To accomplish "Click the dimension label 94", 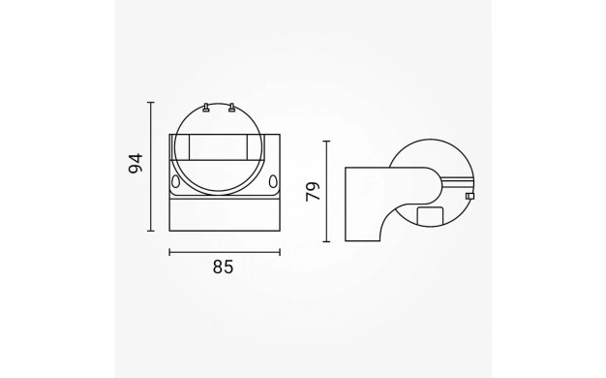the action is pos(136,163).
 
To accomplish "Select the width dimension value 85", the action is pos(223,267).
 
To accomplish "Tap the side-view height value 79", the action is pos(313,192).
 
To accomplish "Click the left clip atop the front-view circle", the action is pos(206,108).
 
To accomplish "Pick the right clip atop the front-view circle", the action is pos(231,108).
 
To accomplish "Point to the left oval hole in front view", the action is pos(175,181).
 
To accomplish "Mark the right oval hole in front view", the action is pos(273,181).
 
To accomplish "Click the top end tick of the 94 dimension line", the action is pos(151,103).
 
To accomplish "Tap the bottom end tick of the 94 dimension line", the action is pos(151,231).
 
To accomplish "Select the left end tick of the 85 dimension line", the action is pos(169,253).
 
